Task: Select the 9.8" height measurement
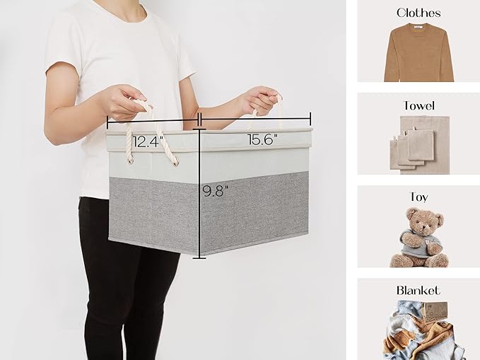click(215, 190)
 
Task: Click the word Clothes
click(418, 13)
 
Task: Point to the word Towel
click(418, 105)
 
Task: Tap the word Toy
click(418, 197)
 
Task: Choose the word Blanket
click(418, 291)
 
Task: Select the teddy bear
click(418, 238)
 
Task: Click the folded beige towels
click(417, 146)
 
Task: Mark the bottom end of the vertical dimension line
click(199, 257)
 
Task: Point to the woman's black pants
click(127, 283)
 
